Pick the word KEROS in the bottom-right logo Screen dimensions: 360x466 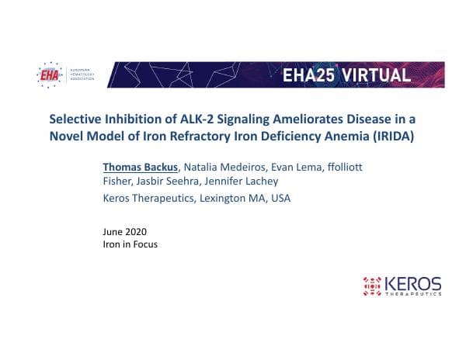[414, 282]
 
